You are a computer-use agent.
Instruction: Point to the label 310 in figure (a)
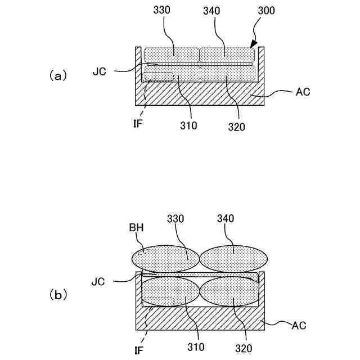coord(189,125)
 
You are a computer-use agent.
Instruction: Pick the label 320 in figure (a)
coord(237,127)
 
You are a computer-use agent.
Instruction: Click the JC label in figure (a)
coord(100,72)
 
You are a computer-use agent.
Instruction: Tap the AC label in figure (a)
coord(302,92)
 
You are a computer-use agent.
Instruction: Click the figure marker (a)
coord(58,75)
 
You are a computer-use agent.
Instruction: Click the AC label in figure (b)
coord(300,325)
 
